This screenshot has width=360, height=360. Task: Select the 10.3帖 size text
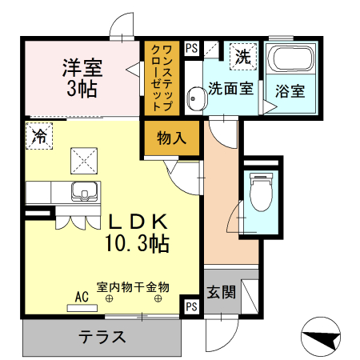[135, 243]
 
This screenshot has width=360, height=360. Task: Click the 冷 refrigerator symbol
[38, 135]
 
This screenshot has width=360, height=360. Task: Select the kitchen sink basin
[85, 192]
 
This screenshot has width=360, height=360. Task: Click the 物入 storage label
[171, 138]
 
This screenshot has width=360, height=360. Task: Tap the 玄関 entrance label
[221, 292]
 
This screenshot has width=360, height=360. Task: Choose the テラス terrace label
[102, 337]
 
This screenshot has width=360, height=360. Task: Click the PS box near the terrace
[192, 306]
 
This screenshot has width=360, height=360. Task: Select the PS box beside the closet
[192, 48]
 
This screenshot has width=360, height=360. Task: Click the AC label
[82, 297]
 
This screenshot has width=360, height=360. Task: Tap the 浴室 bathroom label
[290, 90]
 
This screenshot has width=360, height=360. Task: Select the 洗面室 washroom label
[230, 88]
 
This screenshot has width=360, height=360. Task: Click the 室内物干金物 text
[134, 286]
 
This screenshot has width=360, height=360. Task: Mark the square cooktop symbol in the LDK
[83, 158]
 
